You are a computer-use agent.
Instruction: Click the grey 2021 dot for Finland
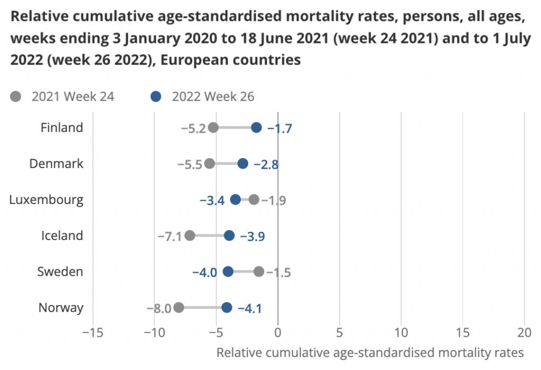click(x=213, y=127)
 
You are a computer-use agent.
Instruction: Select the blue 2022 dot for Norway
click(x=227, y=308)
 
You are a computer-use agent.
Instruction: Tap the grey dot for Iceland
click(x=190, y=236)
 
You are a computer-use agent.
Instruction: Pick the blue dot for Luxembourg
click(x=236, y=199)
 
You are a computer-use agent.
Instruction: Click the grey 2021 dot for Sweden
click(x=259, y=272)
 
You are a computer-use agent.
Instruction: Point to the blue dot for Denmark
click(x=242, y=163)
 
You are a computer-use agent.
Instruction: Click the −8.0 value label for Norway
click(x=159, y=308)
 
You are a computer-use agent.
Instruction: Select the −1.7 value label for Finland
click(x=279, y=128)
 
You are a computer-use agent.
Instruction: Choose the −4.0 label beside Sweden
click(x=204, y=272)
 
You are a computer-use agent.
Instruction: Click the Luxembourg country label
click(x=46, y=200)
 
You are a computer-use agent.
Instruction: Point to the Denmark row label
click(x=56, y=164)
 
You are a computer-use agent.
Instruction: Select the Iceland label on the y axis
click(x=62, y=236)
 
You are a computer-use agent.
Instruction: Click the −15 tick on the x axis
click(x=93, y=333)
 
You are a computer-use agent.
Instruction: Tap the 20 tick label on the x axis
click(x=525, y=333)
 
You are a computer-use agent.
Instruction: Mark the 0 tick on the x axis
click(x=278, y=333)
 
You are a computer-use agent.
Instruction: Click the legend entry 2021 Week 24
click(x=73, y=97)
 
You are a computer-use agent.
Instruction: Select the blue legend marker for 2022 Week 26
click(x=155, y=97)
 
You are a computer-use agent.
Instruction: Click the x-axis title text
click(x=370, y=353)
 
